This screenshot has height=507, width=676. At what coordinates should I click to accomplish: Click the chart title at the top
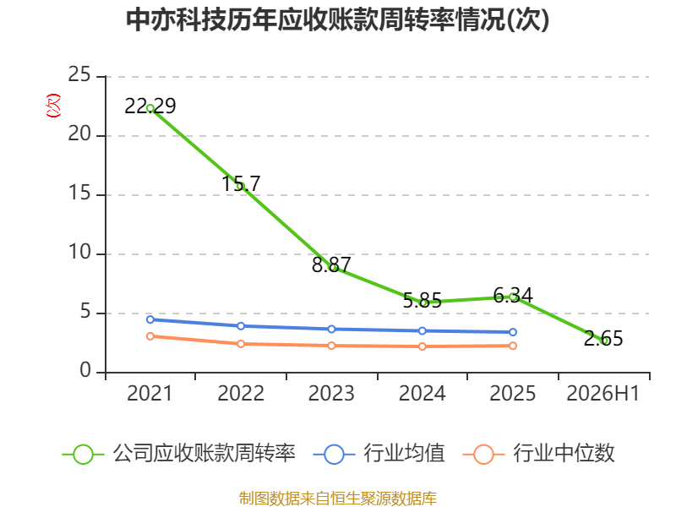point(337,19)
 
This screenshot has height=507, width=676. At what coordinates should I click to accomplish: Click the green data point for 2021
point(150,108)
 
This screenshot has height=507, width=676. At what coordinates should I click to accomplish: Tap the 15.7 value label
point(241,183)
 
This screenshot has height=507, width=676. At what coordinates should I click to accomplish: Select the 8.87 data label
point(331,264)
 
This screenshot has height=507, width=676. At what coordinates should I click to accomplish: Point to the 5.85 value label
point(422,301)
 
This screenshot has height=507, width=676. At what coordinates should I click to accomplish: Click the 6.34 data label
point(513,295)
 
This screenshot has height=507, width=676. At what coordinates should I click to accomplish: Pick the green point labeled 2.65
point(603,341)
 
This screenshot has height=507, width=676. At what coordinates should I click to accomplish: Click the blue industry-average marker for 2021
point(150,319)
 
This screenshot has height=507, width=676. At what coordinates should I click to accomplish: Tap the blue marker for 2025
point(513,332)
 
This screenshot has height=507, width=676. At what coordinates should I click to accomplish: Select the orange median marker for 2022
point(241,344)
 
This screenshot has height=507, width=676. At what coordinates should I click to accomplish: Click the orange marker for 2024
point(422,346)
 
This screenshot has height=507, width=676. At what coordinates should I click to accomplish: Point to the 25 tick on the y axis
point(79,74)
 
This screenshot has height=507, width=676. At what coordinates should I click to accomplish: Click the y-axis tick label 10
point(79,252)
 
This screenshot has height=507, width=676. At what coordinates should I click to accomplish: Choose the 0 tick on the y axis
point(85,370)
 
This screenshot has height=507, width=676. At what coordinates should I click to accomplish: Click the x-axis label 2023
point(331,394)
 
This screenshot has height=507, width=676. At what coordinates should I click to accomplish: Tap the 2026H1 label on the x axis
point(602,394)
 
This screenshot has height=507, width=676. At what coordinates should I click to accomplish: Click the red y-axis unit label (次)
point(53,106)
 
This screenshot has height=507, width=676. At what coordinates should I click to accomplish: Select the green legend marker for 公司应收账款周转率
point(83,455)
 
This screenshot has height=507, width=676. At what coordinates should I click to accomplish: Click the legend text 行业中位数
point(564,454)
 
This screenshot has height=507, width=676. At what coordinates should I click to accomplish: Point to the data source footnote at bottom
point(337,499)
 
